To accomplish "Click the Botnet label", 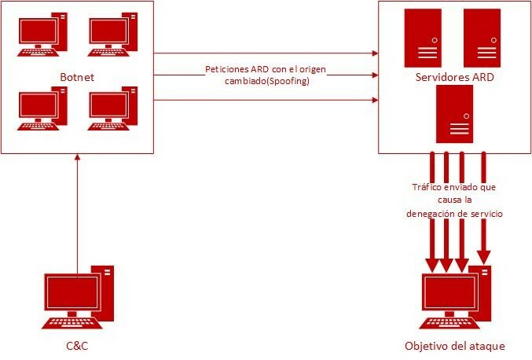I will [77, 76].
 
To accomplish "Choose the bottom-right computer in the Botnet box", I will [114, 110].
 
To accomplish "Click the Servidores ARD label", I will [453, 78].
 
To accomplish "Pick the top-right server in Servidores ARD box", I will [482, 37].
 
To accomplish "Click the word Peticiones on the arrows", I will [226, 68].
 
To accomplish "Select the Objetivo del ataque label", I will [453, 345].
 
